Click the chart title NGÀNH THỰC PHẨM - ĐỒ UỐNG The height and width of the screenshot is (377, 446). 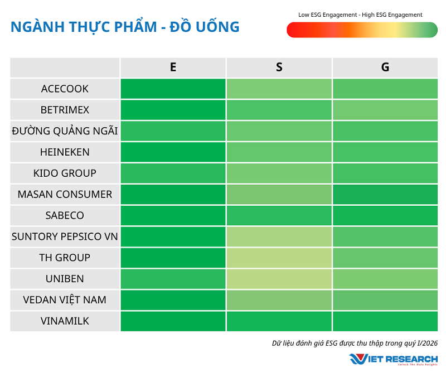(125, 27)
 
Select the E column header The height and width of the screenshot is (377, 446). (173, 67)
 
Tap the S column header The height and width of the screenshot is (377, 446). (279, 67)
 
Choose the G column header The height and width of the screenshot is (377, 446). (385, 67)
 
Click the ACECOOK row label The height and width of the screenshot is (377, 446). (65, 89)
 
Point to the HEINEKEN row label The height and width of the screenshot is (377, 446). (65, 152)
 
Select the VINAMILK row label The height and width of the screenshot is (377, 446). (65, 321)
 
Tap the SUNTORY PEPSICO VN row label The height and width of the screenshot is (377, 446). (65, 236)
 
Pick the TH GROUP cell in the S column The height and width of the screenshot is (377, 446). (279, 258)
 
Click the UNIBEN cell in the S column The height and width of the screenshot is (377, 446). (279, 279)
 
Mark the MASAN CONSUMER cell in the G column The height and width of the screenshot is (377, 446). (385, 194)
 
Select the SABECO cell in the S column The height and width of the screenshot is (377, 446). (279, 215)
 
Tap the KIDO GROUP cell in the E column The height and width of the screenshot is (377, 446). (173, 173)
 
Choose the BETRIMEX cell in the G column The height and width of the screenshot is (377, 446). (385, 110)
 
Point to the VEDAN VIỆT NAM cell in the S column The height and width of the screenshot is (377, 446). (279, 300)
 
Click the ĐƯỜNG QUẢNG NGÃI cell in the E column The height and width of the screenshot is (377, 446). (173, 131)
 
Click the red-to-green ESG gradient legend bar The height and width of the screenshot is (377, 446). (362, 30)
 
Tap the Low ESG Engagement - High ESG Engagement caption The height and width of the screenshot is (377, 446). (360, 14)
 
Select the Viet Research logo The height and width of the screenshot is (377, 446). (393, 359)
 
